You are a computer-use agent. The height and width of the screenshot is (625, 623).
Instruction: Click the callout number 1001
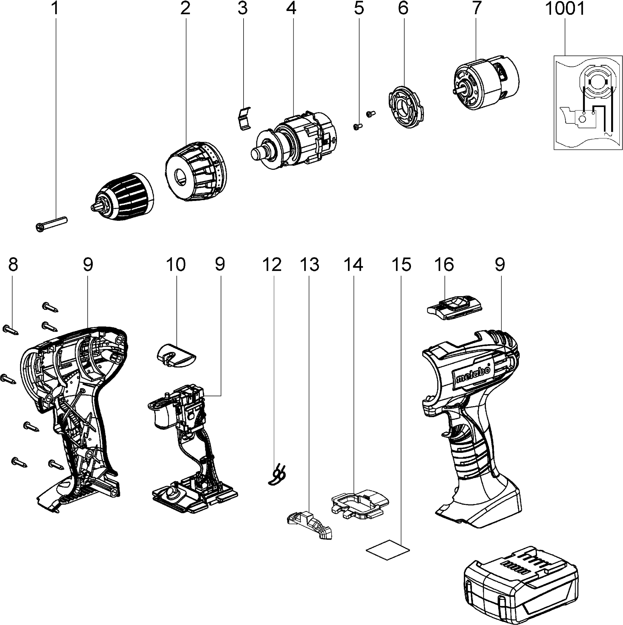pos(565,8)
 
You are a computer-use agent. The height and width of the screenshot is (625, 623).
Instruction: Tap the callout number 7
pos(476,8)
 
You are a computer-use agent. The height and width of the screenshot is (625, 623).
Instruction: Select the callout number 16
pos(444,264)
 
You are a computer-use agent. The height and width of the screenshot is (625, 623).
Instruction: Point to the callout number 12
pos(272,264)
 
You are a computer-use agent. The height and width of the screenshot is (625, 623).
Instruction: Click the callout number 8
pos(13,264)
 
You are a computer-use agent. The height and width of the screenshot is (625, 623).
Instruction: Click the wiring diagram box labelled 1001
pos(588,102)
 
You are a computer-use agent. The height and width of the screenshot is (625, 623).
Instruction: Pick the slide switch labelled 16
pos(454,307)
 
